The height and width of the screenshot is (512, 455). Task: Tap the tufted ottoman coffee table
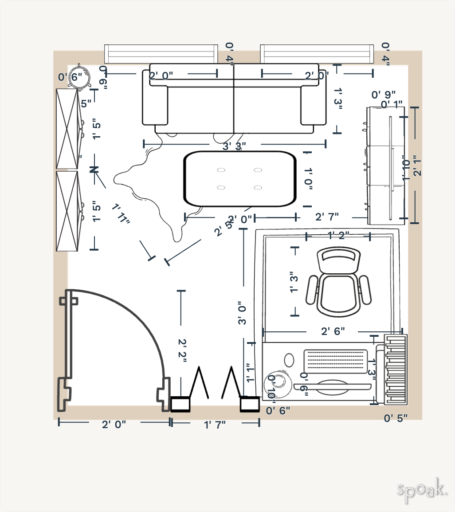(240, 179)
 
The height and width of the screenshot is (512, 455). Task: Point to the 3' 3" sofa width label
(234, 146)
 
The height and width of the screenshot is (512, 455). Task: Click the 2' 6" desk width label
(333, 331)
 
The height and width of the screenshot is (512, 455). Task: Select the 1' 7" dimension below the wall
(215, 424)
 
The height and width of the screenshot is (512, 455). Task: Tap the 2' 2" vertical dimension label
(182, 351)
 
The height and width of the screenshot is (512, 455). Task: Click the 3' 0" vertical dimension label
(242, 313)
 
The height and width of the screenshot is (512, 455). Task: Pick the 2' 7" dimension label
(327, 217)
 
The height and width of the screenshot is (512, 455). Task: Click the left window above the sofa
(161, 54)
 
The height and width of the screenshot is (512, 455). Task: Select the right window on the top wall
(317, 54)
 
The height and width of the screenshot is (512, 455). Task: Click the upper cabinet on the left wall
(67, 129)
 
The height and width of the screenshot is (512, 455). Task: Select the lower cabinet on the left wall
(67, 211)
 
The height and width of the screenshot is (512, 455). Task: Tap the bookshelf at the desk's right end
(396, 369)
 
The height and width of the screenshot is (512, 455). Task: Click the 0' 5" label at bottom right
(396, 417)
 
